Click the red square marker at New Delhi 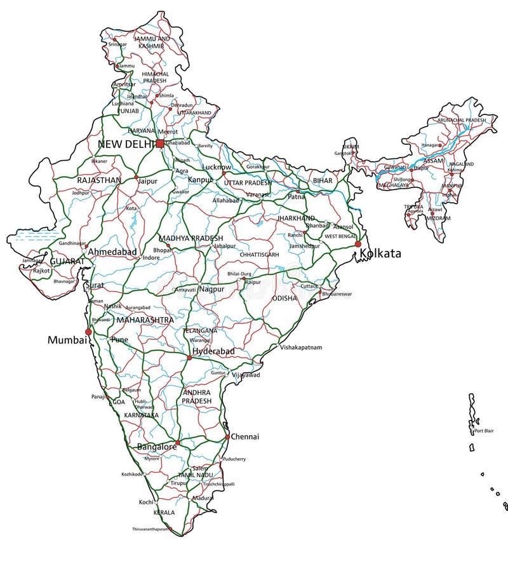pos(159,144)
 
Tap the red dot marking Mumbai pos(89,332)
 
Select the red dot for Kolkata pos(358,244)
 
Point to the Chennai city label pos(244,436)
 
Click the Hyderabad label pos(213,351)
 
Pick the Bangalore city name pos(157,447)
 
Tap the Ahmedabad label pos(112,252)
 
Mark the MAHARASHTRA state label pos(145,320)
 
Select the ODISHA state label pos(284,298)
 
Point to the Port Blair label pos(485,431)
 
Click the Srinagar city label pos(117,44)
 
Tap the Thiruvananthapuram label pos(150,529)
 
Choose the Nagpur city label pos(211,289)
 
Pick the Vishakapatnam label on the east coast pos(301,348)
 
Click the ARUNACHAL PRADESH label pos(462,120)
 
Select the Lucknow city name pos(217,166)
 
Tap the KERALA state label pos(164,512)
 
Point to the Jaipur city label pos(147,180)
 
